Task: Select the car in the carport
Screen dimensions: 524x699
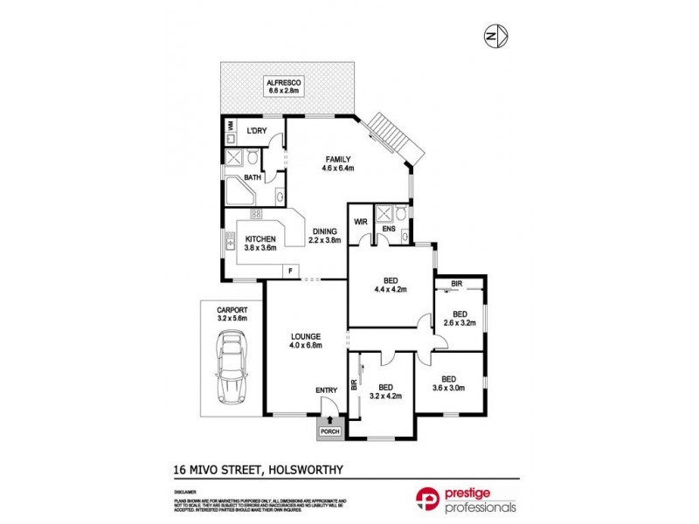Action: click(232, 369)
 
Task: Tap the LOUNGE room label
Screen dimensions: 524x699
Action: click(306, 335)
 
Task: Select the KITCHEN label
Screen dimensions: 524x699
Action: click(260, 238)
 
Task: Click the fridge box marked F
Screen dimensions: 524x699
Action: click(288, 272)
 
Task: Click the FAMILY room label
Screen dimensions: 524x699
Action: click(338, 159)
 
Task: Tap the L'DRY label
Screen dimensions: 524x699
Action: click(256, 131)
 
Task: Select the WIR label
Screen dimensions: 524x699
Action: click(360, 222)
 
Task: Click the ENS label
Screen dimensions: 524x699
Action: click(389, 230)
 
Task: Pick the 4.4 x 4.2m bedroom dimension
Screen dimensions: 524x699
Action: click(391, 289)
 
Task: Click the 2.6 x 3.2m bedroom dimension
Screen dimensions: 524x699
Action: click(458, 322)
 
